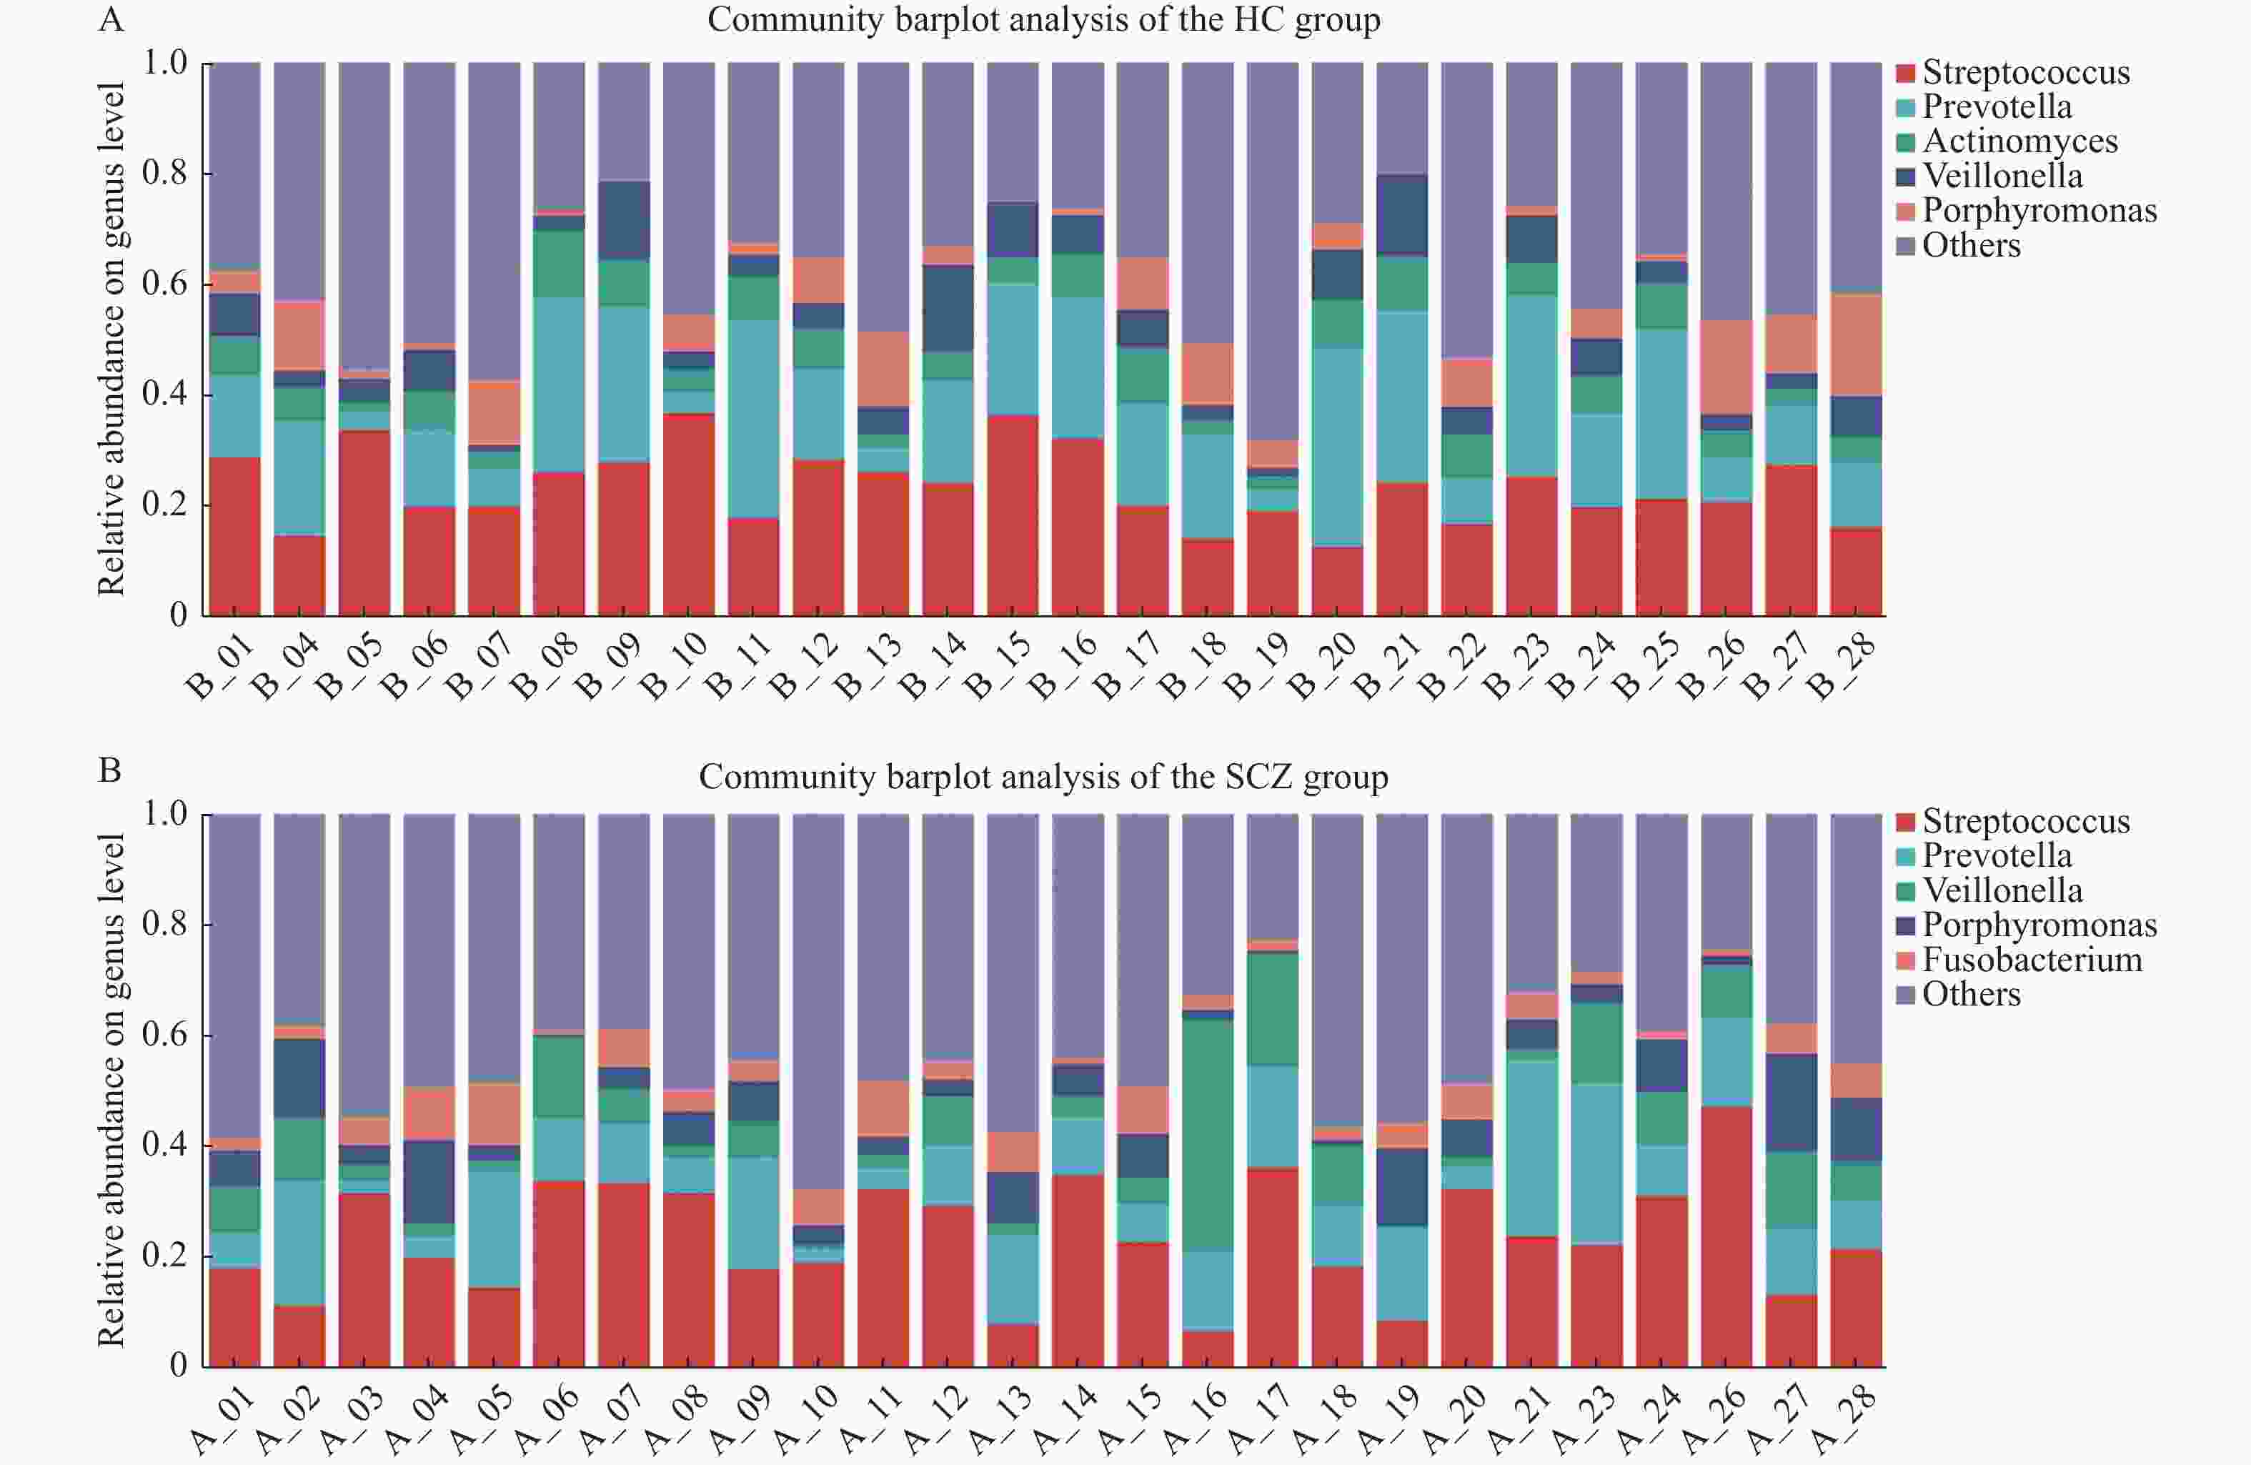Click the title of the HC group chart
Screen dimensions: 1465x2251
[x=1043, y=20]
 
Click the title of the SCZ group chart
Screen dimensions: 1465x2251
[x=1043, y=777]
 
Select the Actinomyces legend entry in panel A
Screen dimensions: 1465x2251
[x=2019, y=141]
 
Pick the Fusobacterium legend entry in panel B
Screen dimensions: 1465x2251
[x=2032, y=959]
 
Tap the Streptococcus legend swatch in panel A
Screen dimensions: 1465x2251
[x=1906, y=73]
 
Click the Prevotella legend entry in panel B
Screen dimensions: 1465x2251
[x=1997, y=855]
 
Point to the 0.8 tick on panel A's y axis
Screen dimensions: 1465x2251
[x=164, y=173]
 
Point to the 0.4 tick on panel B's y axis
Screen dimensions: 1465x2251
[x=164, y=1146]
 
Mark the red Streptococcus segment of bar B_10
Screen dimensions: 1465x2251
[x=689, y=515]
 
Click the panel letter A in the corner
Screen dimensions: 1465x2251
[x=111, y=19]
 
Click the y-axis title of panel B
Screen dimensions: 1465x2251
[x=111, y=1090]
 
